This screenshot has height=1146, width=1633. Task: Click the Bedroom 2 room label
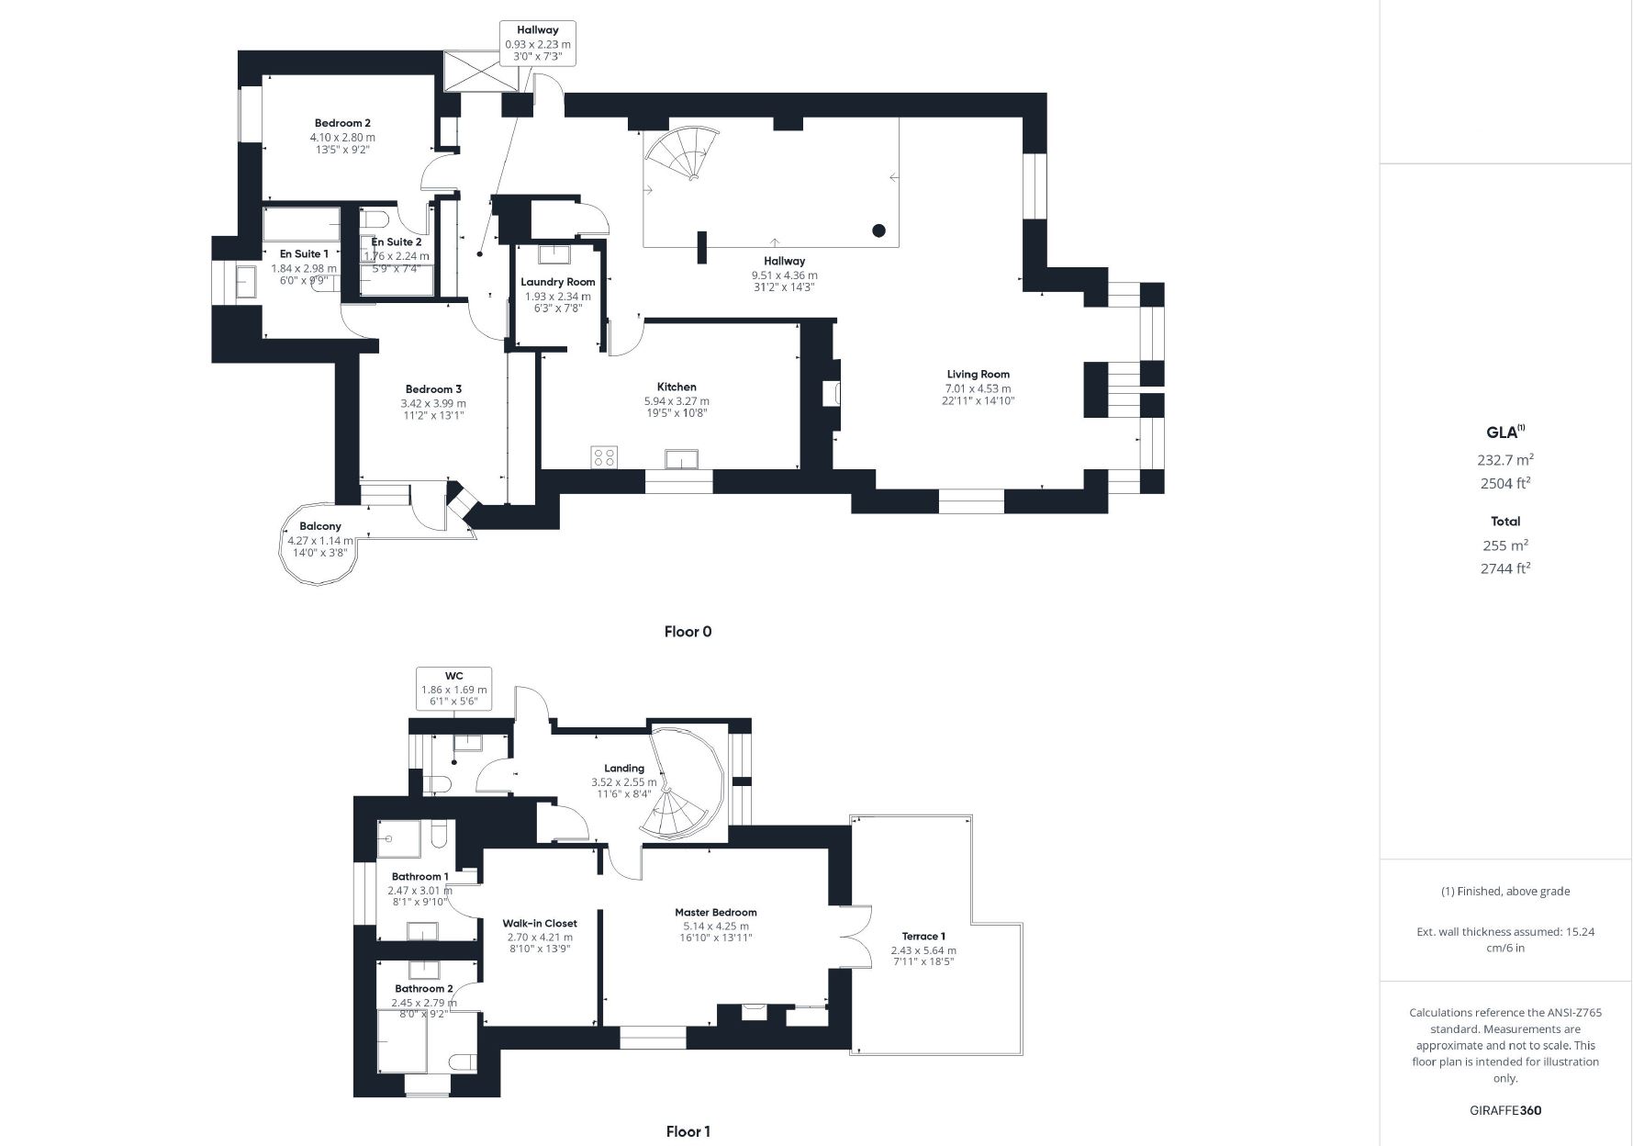342,123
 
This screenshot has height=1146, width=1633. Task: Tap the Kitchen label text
677,387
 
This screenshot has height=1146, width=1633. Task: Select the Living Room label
979,374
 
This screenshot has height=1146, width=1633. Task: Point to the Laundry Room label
558,282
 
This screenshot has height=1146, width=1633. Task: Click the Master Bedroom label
716,912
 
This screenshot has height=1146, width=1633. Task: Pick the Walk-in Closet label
540,923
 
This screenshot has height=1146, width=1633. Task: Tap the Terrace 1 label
923,936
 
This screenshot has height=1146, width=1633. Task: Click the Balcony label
320,526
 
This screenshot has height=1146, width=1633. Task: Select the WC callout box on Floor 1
453,689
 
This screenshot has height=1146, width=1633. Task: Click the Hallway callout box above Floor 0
538,43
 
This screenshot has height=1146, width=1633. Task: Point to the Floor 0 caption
688,632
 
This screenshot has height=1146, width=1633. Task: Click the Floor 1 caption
688,1132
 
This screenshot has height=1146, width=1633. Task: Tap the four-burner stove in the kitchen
604,456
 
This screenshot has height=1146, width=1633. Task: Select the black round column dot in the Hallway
878,230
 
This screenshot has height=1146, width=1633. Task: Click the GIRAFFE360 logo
1505,1110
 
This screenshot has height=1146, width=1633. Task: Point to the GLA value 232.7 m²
1505,460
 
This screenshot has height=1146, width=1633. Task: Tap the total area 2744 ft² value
1505,568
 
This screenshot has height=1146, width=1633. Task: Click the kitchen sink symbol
682,459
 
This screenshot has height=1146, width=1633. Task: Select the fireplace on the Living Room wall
831,393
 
